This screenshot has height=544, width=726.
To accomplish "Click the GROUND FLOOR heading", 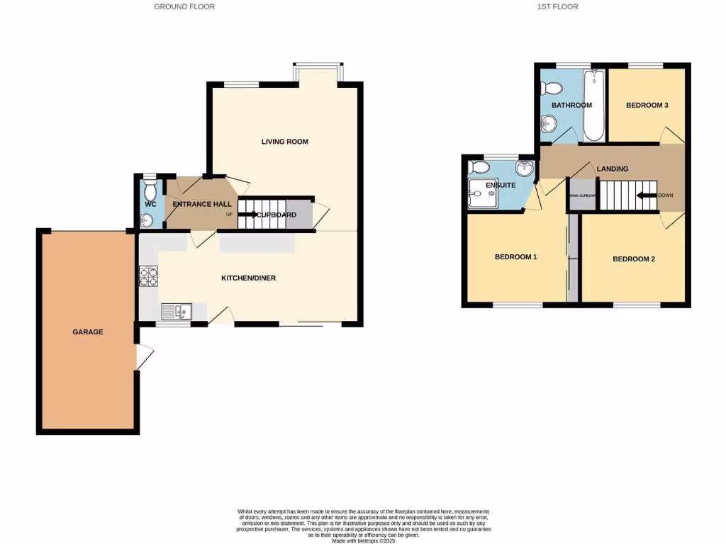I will pos(184,6).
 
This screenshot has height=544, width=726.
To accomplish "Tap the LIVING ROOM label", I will pos(284,142).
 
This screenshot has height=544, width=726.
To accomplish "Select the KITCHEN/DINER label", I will pos(248,278).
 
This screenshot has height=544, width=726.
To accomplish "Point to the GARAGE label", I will pos(88,331).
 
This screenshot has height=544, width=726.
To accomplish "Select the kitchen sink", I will pos(175,311).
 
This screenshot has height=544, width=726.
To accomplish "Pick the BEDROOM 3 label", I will pos(647,105).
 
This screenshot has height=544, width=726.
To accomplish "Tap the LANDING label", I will pos(612,169).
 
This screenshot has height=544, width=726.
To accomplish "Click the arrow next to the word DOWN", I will pos(646,195).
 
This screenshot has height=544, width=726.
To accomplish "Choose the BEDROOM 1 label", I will pos(515,256).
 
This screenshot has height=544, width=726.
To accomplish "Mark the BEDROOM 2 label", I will pos(634,259).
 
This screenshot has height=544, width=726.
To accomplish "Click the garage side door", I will pos(144,357).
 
